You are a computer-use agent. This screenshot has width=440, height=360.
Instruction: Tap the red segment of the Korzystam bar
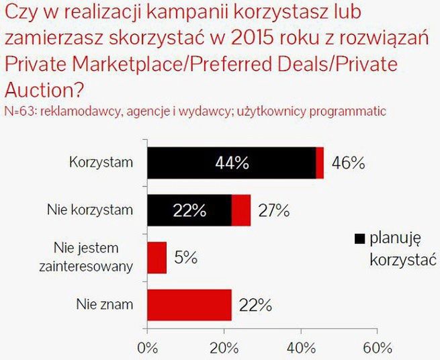[320, 163]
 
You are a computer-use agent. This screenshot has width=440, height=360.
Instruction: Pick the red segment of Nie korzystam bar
[241, 210]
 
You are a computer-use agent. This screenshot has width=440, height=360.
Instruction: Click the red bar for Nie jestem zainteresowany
[157, 257]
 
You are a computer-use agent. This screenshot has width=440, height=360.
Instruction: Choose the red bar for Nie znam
[189, 305]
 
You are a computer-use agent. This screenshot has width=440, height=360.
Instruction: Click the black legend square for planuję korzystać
[359, 238]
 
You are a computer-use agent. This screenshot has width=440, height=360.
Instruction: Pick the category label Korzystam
[101, 163]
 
